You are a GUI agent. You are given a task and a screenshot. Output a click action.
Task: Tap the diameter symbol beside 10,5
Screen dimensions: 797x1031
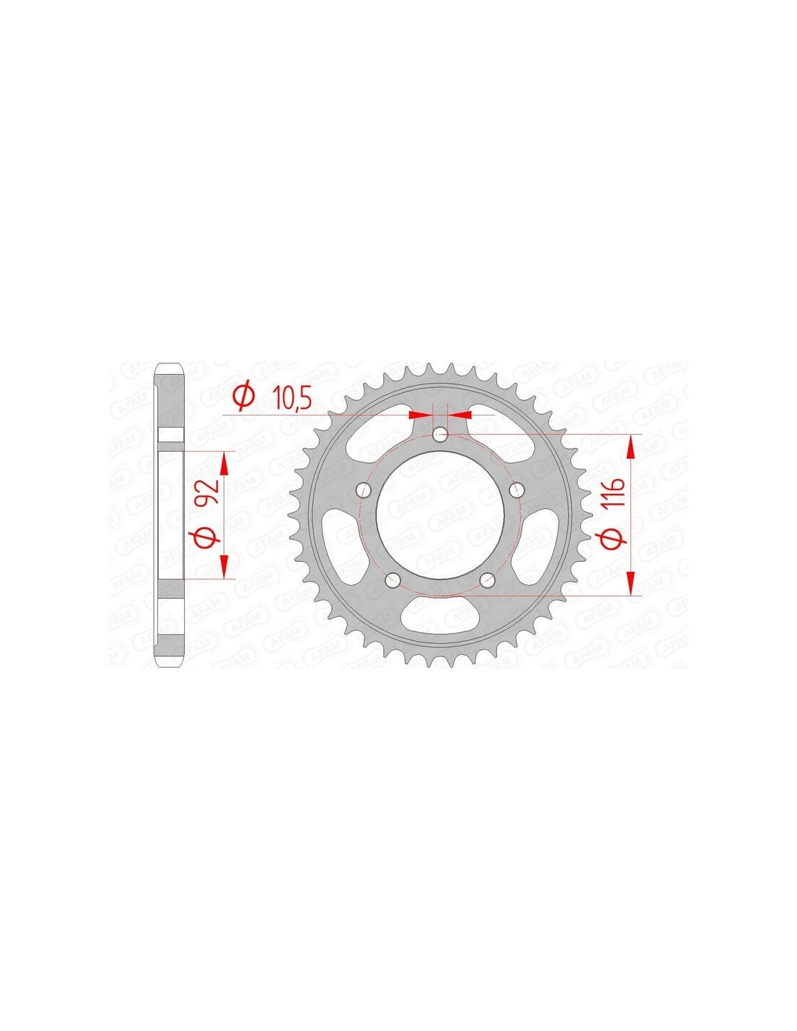pyautogui.click(x=244, y=399)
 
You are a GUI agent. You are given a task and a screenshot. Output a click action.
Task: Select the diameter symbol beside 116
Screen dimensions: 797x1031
pyautogui.click(x=614, y=538)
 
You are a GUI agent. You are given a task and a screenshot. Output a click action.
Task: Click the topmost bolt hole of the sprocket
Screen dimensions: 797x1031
pyautogui.click(x=440, y=433)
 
